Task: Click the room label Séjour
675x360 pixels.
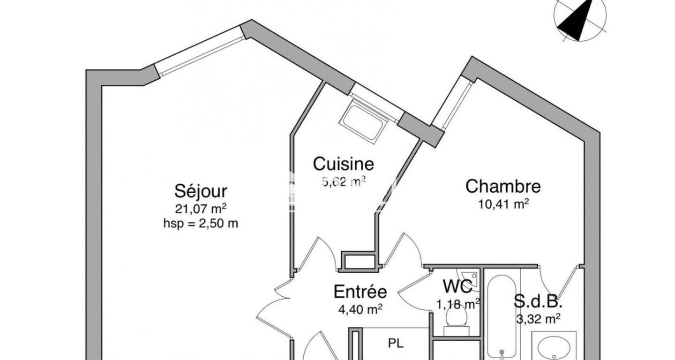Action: pyautogui.click(x=201, y=192)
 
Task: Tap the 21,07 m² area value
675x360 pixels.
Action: pyautogui.click(x=201, y=209)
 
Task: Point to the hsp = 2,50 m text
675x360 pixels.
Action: pyautogui.click(x=201, y=224)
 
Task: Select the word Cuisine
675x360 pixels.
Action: pyautogui.click(x=344, y=164)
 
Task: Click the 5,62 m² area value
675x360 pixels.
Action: pyautogui.click(x=344, y=181)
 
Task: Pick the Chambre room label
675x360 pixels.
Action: pyautogui.click(x=503, y=186)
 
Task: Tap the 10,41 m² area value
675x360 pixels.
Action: pyautogui.click(x=503, y=204)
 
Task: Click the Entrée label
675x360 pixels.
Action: pyautogui.click(x=360, y=292)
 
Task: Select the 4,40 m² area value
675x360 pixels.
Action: pyautogui.click(x=360, y=309)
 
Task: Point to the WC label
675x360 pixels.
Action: pyautogui.click(x=457, y=286)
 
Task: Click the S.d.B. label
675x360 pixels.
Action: pyautogui.click(x=538, y=301)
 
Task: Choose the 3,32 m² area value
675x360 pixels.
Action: pyautogui.click(x=538, y=318)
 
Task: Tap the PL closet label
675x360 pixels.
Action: pyautogui.click(x=396, y=344)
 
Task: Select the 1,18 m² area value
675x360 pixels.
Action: pyautogui.click(x=458, y=304)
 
